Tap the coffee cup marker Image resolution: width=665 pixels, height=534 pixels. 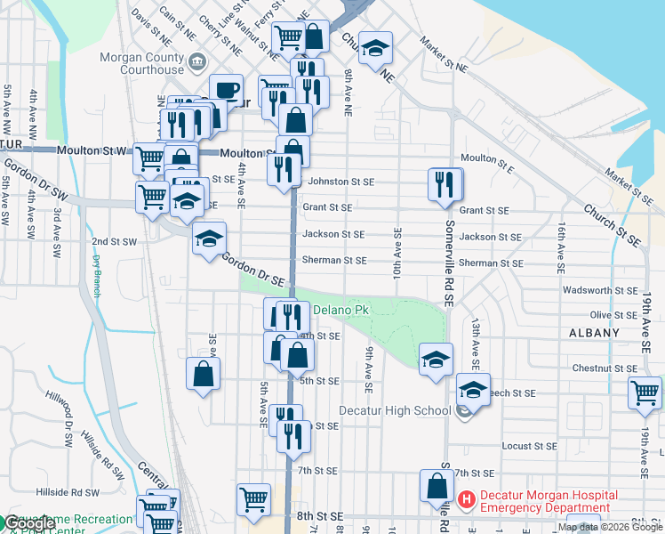[x=226, y=91]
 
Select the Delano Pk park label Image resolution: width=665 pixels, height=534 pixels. [x=340, y=310]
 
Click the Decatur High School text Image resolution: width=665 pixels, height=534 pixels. [x=396, y=410]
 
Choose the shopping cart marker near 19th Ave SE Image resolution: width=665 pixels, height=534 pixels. [x=645, y=392]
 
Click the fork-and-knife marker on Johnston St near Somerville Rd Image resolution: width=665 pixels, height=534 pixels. [x=445, y=185]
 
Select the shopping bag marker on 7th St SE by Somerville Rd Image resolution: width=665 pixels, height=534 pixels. [x=437, y=487]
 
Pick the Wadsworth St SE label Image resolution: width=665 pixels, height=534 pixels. [x=600, y=290]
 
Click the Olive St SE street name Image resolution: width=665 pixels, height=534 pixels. [x=613, y=315]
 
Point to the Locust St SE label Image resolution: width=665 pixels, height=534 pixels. [x=529, y=445]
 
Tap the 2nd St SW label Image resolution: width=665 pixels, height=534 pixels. [x=114, y=241]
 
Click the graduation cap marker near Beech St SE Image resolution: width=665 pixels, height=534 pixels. [x=473, y=390]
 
